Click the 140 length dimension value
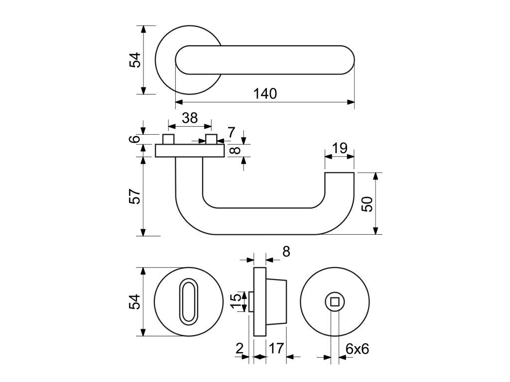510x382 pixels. pos(265,94)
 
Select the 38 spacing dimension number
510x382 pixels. pos(190,118)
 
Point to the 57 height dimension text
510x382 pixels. pos(135,196)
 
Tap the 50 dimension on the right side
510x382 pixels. pos(368,204)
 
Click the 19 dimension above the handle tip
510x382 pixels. pos(340,148)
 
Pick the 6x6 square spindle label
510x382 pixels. pos(357,349)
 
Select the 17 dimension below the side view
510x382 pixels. pos(276,348)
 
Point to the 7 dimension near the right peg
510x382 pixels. pos(231,132)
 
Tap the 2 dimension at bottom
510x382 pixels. pos(240,349)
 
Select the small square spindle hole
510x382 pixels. pos(335,302)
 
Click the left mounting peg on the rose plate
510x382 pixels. pos(168,139)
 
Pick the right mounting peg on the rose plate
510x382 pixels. pos(211,139)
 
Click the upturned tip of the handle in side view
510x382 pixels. pos(340,182)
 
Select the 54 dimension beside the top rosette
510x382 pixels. pos(135,60)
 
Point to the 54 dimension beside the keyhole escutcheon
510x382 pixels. pos(135,302)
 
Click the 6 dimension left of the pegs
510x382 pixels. pos(135,139)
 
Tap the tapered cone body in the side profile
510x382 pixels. pos(276,302)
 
